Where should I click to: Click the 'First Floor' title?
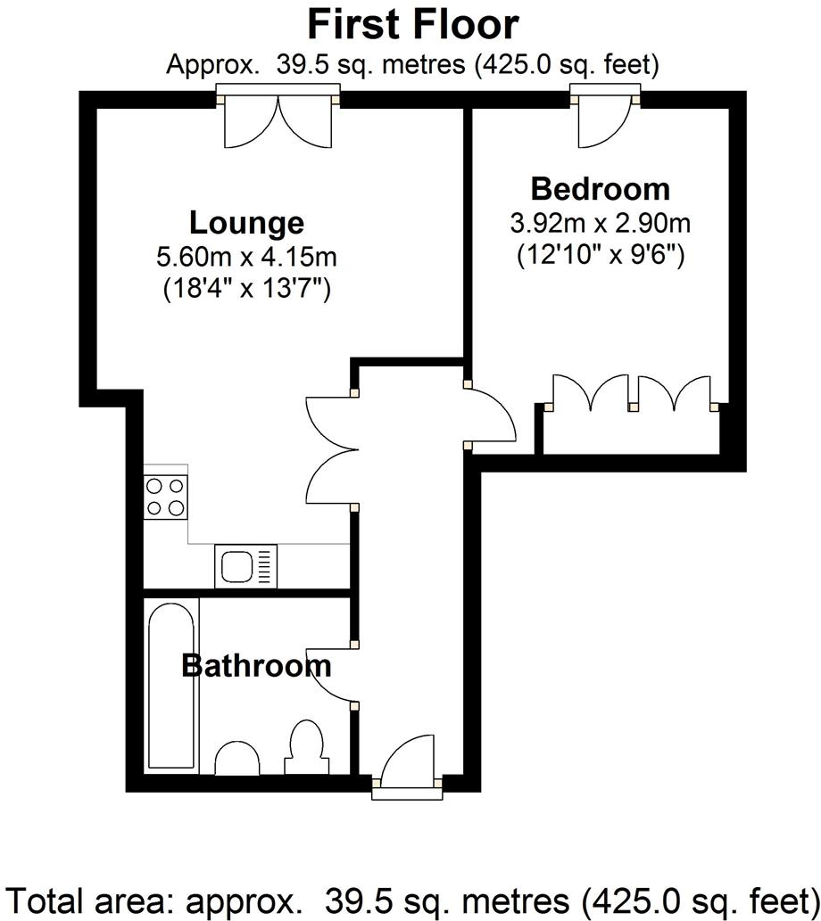pyautogui.click(x=411, y=24)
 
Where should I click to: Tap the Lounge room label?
pyautogui.click(x=246, y=222)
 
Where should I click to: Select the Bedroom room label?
pyautogui.click(x=600, y=188)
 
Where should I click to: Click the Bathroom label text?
pyautogui.click(x=256, y=665)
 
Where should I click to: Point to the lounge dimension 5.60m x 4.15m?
pyautogui.click(x=246, y=259)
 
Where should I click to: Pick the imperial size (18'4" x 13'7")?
pyautogui.click(x=246, y=290)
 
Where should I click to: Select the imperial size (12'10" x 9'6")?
pyautogui.click(x=600, y=255)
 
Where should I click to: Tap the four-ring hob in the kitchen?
pyautogui.click(x=166, y=497)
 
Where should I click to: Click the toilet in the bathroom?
pyautogui.click(x=306, y=749)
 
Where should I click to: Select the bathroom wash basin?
pyautogui.click(x=238, y=759)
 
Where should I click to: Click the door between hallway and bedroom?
pyautogui.click(x=491, y=417)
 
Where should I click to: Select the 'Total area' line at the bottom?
pyautogui.click(x=410, y=898)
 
